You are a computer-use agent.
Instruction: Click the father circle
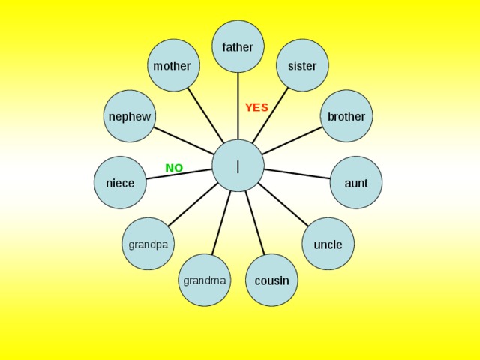point(238,46)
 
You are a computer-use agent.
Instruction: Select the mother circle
point(173,65)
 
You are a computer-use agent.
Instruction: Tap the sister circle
point(302,65)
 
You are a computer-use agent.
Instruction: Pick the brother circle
point(346,116)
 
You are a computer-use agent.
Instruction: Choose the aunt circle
point(356,183)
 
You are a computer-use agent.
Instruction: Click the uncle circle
point(328,244)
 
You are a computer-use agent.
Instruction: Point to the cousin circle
point(271,280)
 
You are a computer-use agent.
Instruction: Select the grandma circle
point(205,280)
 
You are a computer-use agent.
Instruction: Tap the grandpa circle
point(148,244)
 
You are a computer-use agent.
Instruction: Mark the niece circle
point(120,183)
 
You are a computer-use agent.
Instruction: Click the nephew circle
point(130,116)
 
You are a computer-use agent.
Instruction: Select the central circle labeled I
point(238,166)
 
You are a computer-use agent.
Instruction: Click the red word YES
point(256,107)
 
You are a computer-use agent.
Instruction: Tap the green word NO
point(174,168)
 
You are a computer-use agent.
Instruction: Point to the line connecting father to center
point(238,106)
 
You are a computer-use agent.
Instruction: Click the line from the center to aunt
point(297,174)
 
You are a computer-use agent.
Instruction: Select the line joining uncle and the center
point(283,205)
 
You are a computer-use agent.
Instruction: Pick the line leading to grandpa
point(193,205)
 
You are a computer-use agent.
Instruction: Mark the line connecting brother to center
point(292,141)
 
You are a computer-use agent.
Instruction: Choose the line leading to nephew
point(184,141)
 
